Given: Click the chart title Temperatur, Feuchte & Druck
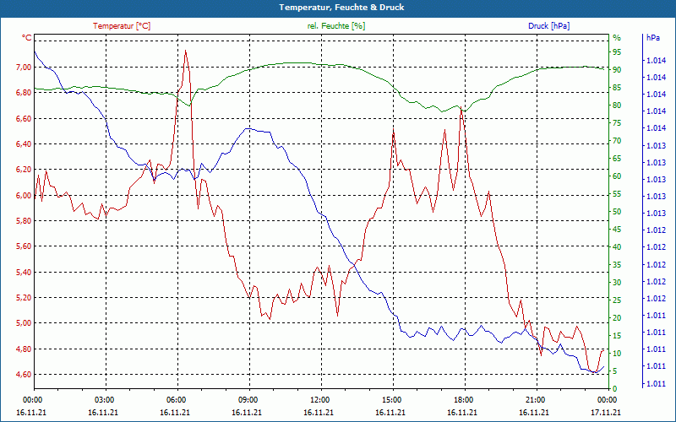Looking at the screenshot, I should coord(338,8).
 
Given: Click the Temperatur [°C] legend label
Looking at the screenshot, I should coord(122,26).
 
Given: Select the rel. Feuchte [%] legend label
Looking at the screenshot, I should coord(336,26).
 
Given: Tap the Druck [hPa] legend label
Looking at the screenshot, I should coord(549,26).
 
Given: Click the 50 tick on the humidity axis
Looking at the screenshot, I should coord(617,212).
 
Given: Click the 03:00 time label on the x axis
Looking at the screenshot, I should coord(104,399).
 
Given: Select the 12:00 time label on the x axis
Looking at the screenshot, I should coord(319,399).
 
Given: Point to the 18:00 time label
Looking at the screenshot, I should coord(463,399).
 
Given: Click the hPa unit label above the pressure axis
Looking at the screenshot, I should coord(652,38).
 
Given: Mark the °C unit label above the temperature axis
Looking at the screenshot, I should coord(27,38).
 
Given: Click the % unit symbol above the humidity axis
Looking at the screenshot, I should coord(617,38).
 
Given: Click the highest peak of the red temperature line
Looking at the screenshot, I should coord(185,51).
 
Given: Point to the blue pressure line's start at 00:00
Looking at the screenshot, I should coord(34,52).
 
